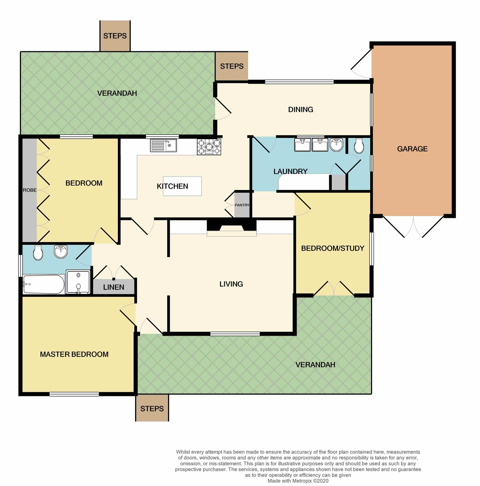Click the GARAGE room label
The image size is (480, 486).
(412, 149)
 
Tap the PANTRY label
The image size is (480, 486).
(242, 205)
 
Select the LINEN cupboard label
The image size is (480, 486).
(114, 287)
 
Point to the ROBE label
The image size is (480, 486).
(30, 190)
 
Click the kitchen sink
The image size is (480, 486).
(163, 146)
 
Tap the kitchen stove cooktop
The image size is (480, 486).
(209, 147)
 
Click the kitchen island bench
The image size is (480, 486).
(182, 186)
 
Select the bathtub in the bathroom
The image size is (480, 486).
(44, 284)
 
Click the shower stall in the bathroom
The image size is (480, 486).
(78, 282)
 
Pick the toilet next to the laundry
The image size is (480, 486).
(359, 146)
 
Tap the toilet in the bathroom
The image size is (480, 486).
(38, 253)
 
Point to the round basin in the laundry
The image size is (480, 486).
(336, 145)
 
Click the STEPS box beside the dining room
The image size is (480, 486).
(232, 66)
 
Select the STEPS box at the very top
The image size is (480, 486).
(115, 36)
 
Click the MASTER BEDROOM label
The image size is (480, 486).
(74, 354)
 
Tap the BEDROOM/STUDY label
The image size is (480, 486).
(333, 248)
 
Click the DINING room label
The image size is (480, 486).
(301, 110)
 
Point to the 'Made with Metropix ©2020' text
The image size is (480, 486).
(298, 481)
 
